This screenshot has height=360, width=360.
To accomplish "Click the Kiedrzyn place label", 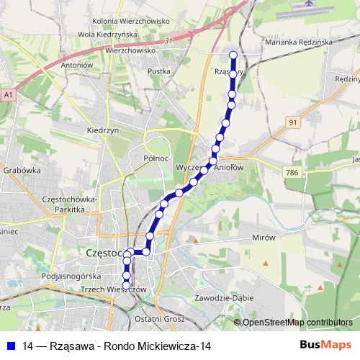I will (x=101, y=131).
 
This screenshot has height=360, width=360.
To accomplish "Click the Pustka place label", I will (x=158, y=71).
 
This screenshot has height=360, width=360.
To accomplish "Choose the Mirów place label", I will (x=264, y=236).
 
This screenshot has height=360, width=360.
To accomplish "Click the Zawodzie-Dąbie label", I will (x=225, y=297).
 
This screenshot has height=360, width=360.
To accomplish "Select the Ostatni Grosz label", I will (x=165, y=318).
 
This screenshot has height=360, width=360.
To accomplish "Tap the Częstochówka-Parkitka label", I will (x=74, y=204).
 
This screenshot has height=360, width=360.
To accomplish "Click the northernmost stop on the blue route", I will (x=233, y=55).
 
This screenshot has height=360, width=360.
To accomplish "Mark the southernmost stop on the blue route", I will (x=127, y=285).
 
